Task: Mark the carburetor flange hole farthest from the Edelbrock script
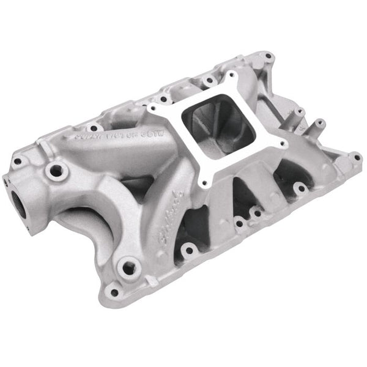[x=232, y=78]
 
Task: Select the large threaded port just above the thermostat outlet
[x=56, y=172]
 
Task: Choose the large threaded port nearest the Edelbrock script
[x=128, y=267]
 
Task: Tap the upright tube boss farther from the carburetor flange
[x=319, y=126]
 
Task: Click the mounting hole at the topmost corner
[x=267, y=56]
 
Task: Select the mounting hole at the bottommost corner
[x=114, y=292]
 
